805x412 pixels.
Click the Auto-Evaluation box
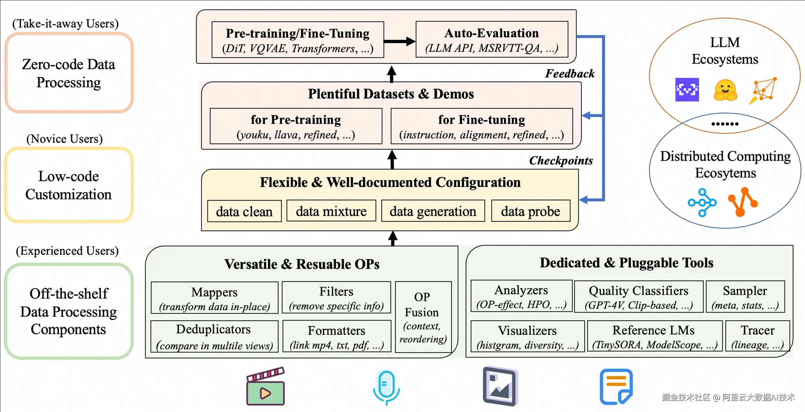click(492, 40)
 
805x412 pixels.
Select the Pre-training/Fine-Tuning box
click(297, 40)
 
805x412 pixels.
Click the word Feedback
click(570, 74)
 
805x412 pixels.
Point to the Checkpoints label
click(561, 161)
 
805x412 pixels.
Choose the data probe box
click(531, 211)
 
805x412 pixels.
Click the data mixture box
click(331, 211)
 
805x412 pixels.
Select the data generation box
click(433, 211)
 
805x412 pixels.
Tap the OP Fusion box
click(423, 317)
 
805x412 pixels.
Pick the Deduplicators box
click(214, 336)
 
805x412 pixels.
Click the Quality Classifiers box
click(638, 297)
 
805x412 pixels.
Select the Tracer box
click(757, 336)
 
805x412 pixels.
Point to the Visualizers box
click(527, 336)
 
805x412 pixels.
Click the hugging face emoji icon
click(725, 90)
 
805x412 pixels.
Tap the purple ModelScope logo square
click(687, 90)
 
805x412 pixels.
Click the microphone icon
click(386, 387)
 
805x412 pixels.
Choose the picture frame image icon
click(500, 386)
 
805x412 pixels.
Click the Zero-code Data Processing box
click(69, 73)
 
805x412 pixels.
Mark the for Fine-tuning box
click(482, 126)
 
